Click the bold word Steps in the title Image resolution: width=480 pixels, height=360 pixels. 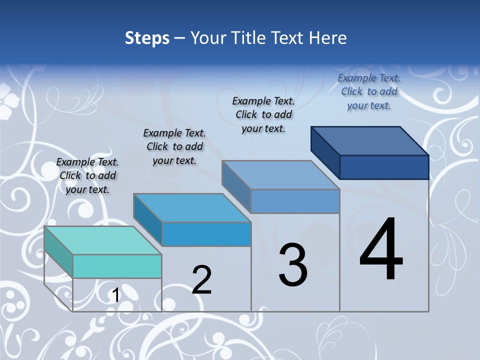pyautogui.click(x=147, y=38)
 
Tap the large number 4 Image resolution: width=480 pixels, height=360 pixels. pyautogui.click(x=381, y=250)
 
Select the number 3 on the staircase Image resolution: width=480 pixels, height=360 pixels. pyautogui.click(x=293, y=265)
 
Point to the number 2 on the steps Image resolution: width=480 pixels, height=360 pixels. pyautogui.click(x=202, y=280)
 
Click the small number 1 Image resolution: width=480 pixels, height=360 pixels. pyautogui.click(x=116, y=295)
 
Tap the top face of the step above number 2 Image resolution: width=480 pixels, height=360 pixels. pyautogui.click(x=192, y=207)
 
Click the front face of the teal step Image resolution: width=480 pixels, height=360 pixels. pyautogui.click(x=117, y=266)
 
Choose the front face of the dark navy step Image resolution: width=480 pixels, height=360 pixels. pyautogui.click(x=384, y=167)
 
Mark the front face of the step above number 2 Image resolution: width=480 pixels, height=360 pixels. pyautogui.click(x=206, y=234)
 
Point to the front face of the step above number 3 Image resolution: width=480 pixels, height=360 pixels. pyautogui.click(x=295, y=201)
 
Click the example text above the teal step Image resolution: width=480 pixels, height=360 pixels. pyautogui.click(x=87, y=175)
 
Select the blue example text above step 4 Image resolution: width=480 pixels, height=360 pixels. pyautogui.click(x=369, y=91)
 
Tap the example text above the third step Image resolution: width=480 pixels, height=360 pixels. pyautogui.click(x=263, y=114)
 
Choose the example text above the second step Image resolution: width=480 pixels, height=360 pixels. pyautogui.click(x=174, y=146)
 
